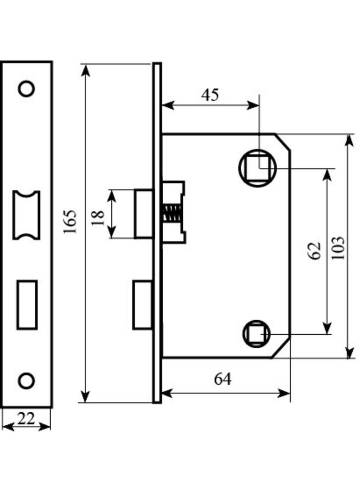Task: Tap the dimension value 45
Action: (x=210, y=95)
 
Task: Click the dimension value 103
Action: (x=338, y=248)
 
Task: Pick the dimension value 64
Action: (x=223, y=379)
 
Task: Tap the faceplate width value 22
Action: (x=26, y=419)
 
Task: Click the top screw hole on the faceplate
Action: (x=26, y=88)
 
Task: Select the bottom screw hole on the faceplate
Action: (x=26, y=380)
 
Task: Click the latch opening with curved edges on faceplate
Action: (x=26, y=215)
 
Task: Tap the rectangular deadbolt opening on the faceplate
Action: (x=27, y=304)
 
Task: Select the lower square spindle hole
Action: (x=256, y=334)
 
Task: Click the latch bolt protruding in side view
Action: (x=144, y=214)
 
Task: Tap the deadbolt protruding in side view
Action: (x=143, y=305)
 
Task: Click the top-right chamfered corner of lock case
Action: (x=283, y=142)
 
